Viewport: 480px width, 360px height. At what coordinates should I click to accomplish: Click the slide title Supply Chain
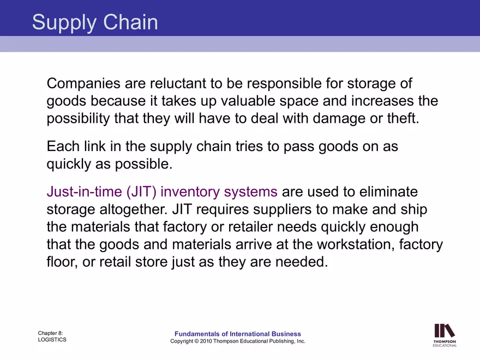point(95,22)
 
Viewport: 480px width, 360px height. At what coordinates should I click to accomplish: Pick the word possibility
point(79,118)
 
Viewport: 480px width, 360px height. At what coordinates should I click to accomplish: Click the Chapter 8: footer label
point(51,333)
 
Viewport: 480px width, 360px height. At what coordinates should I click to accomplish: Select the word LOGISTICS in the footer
point(52,340)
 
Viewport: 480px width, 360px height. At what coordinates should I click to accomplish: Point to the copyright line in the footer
point(238,341)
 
